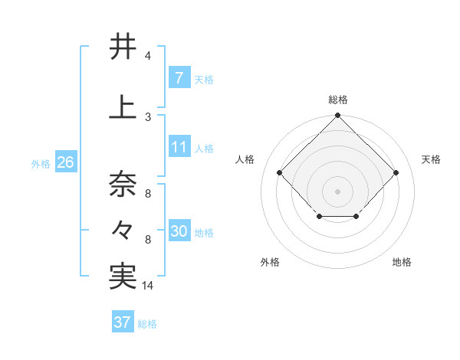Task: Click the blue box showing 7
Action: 179,78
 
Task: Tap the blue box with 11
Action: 179,147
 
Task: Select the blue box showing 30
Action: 179,231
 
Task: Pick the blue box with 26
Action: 64,163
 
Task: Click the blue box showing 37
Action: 122,322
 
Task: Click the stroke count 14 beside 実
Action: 148,286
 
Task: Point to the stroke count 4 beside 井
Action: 147,56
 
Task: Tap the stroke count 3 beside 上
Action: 147,116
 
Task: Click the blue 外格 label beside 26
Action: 41,164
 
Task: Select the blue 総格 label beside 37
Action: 147,324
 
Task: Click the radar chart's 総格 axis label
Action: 337,100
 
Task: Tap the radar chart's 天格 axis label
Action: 431,159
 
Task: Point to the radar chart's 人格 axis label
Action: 245,159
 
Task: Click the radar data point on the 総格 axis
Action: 337,116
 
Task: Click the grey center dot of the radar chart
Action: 337,191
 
